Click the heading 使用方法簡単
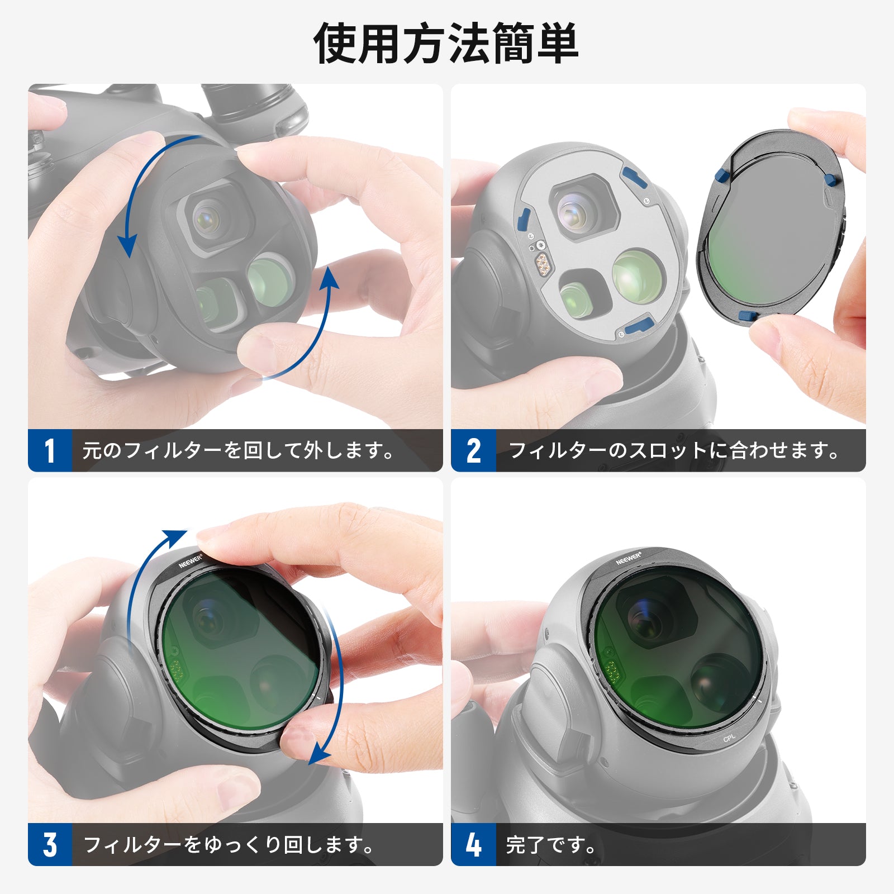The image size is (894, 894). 446,44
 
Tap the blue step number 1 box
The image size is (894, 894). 50,450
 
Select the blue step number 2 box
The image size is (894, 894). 473,450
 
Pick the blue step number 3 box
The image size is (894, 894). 50,844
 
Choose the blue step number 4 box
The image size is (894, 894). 473,844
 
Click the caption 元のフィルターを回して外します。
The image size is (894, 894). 239,450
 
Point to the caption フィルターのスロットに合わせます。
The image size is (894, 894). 674,450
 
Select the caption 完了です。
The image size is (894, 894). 551,844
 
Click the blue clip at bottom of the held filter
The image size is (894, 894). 748,316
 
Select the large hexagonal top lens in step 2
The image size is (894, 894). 583,207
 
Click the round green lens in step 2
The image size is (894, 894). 638,277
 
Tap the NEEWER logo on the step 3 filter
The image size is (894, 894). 191,561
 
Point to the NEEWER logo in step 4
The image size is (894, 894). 629,558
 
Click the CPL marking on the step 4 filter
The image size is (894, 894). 730,739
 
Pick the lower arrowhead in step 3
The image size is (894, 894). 320,754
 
